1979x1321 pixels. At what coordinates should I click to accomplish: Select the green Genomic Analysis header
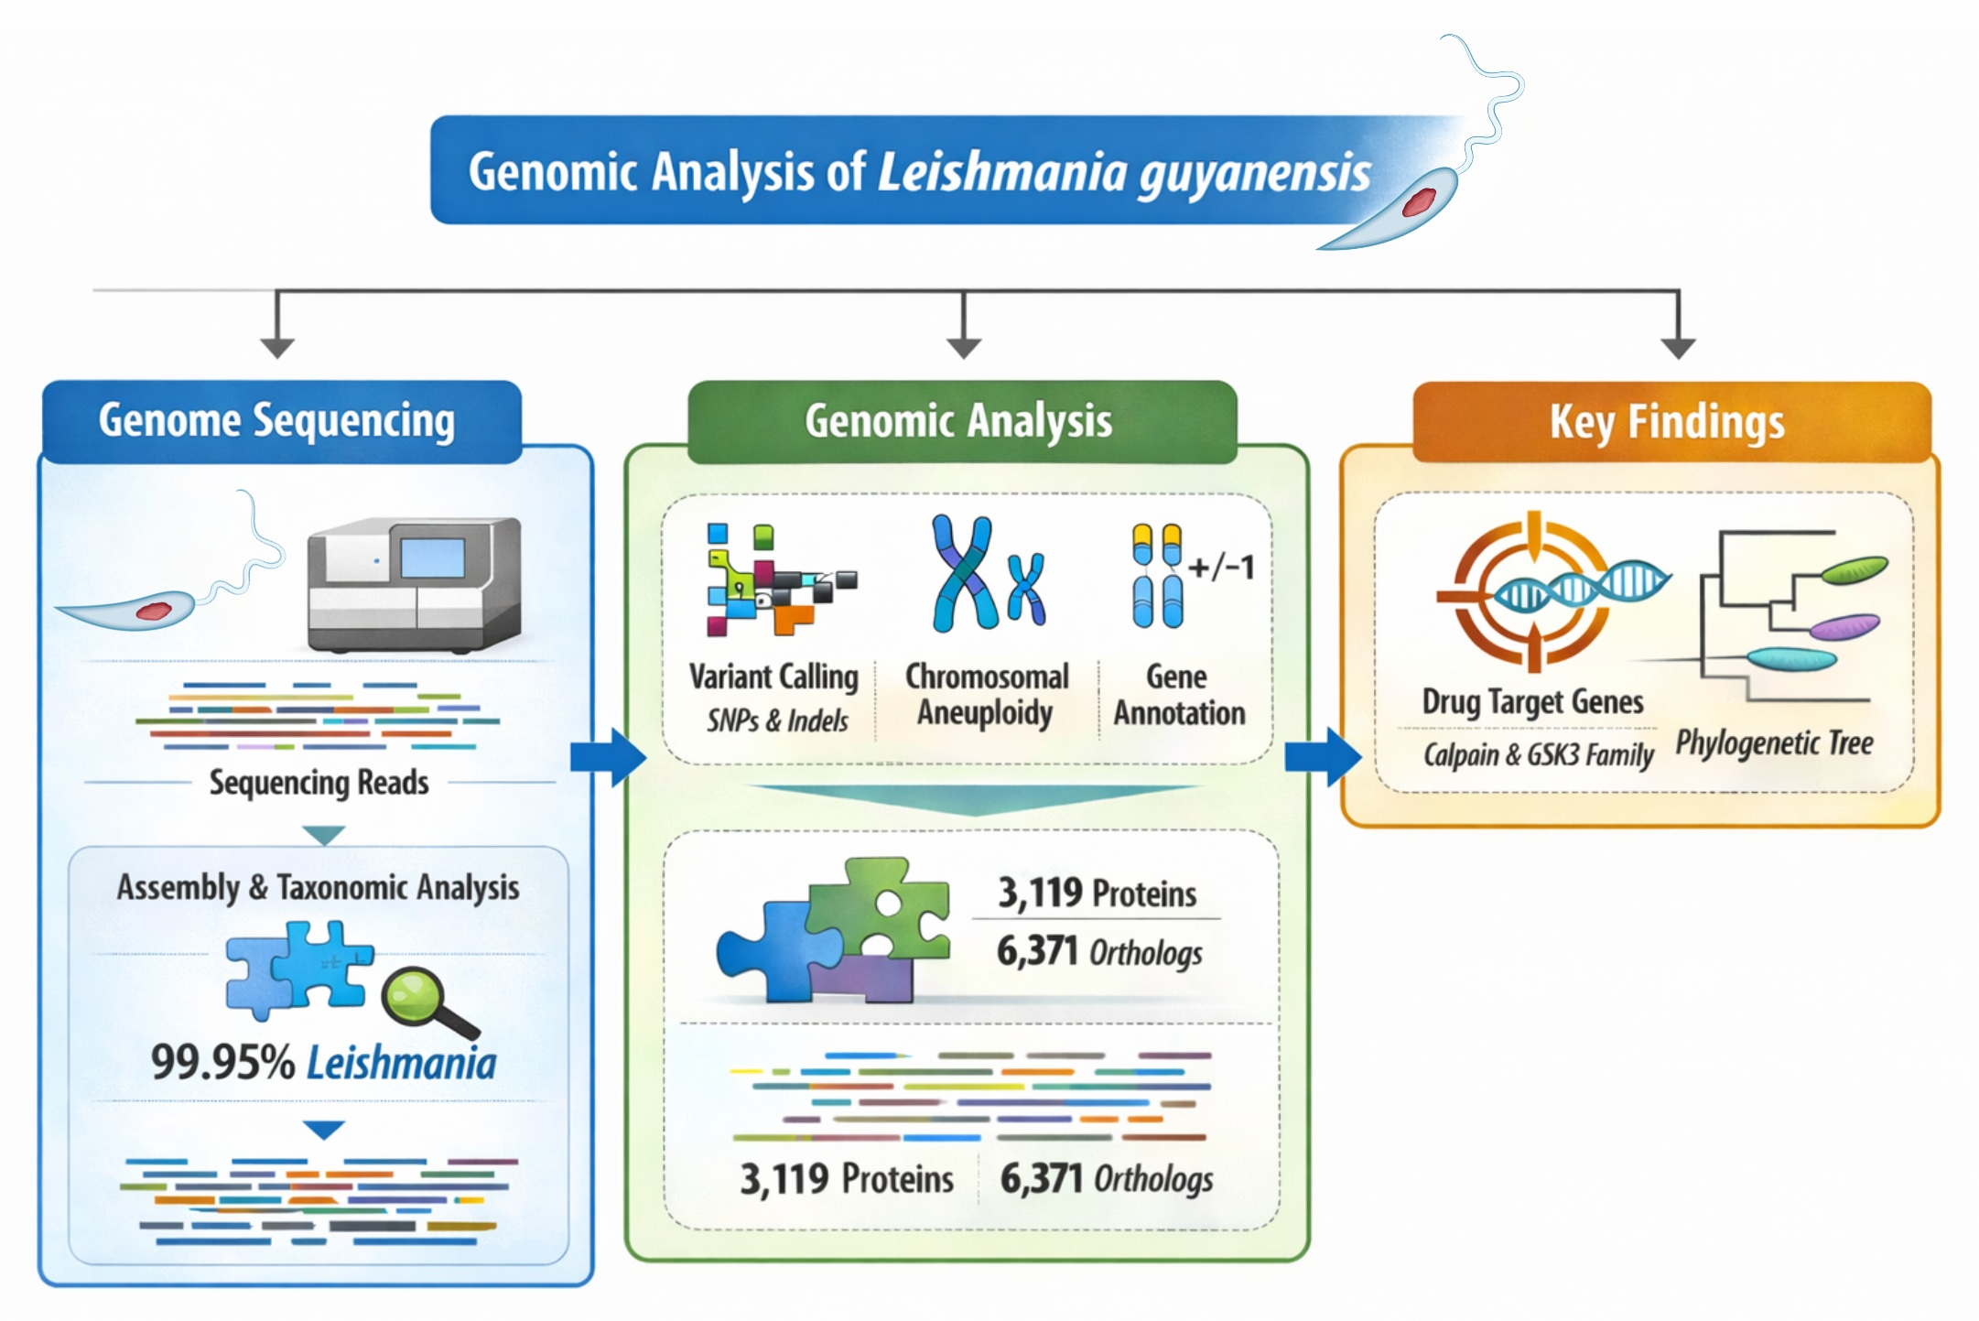(961, 422)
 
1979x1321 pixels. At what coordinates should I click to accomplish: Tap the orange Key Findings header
(1671, 422)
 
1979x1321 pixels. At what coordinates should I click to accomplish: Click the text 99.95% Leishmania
(323, 1063)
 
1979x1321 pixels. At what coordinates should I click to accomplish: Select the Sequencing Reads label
(319, 783)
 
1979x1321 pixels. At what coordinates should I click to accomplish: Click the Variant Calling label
(773, 677)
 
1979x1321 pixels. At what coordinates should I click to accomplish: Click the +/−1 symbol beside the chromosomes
(1221, 568)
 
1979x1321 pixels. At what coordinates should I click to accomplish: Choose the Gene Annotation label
(1179, 695)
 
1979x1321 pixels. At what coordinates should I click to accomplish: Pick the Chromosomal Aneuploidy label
(987, 695)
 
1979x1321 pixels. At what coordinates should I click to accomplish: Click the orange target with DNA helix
(1534, 590)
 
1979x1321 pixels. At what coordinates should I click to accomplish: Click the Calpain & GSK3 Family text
(1538, 755)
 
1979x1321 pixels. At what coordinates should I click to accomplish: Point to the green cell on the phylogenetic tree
(1854, 570)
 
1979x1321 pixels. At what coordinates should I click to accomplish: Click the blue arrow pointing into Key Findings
(1322, 757)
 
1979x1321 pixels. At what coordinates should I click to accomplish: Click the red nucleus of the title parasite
(1418, 201)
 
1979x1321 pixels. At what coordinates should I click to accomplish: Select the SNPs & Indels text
(777, 721)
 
